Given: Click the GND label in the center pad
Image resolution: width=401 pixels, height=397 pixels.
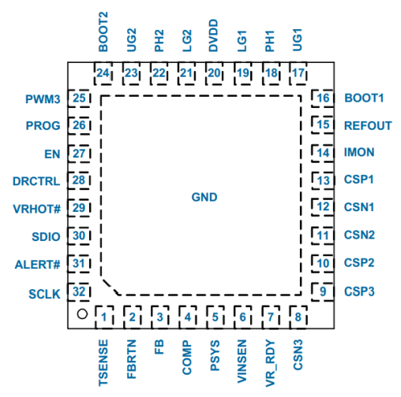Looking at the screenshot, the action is click(204, 197).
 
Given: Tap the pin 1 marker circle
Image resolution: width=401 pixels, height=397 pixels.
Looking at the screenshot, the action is click(82, 314).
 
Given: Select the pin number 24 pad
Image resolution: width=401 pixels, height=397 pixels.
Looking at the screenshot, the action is click(103, 73).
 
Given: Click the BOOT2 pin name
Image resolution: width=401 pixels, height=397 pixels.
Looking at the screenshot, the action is click(103, 32).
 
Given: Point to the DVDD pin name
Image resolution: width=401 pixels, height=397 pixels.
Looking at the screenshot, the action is click(213, 35).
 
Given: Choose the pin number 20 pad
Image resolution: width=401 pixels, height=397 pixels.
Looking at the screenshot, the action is click(214, 73).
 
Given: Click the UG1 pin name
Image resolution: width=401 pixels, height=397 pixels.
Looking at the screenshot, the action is click(298, 39).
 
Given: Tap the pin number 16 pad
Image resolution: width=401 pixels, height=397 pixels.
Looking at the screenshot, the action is click(323, 98).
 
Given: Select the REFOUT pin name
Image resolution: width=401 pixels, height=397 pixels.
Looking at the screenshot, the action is click(368, 126).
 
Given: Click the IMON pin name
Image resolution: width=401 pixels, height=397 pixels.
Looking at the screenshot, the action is click(359, 152).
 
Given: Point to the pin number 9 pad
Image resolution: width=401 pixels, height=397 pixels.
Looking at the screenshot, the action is click(323, 291).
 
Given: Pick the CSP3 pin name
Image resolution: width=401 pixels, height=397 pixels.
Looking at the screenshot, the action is click(359, 291).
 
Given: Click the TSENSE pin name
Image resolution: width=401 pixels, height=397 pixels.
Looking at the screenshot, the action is click(103, 363).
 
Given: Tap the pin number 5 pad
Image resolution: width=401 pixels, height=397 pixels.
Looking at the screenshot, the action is click(215, 317).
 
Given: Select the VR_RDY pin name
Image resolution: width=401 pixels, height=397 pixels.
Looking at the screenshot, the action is click(270, 363).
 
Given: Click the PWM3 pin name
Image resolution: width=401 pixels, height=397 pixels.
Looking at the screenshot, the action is click(43, 99).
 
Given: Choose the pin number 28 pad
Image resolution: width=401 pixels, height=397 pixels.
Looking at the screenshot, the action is click(79, 180).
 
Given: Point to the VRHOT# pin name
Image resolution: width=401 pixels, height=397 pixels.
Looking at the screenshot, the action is click(36, 209).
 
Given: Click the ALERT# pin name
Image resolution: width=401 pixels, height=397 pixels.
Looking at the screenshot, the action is click(37, 265).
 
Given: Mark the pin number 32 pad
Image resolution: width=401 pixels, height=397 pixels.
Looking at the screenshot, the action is click(79, 291).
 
